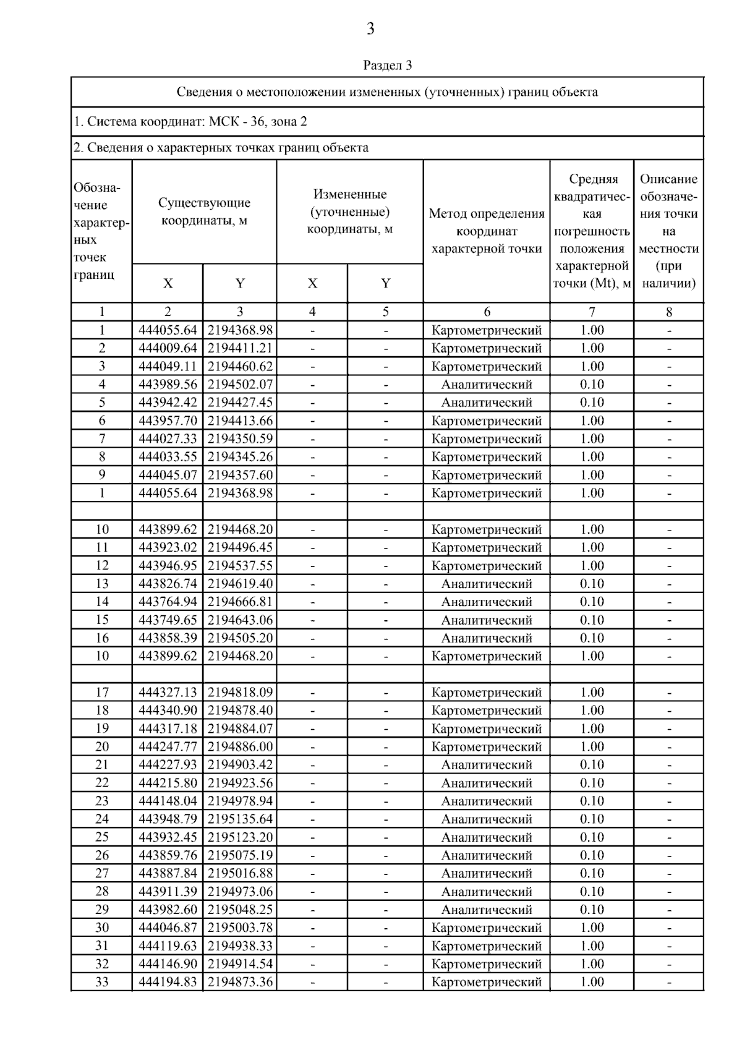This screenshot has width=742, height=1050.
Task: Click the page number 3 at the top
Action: (370, 29)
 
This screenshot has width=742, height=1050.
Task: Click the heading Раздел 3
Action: (387, 65)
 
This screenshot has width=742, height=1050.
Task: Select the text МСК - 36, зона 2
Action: (258, 122)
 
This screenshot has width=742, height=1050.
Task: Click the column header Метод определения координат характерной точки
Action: (487, 231)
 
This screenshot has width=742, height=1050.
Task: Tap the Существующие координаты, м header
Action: (204, 211)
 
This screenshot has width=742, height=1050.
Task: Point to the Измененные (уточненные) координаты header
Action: (350, 211)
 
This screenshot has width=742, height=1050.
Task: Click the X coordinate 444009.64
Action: (168, 348)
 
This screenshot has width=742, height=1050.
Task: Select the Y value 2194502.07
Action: (240, 385)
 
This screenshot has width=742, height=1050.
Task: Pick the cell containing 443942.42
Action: (168, 403)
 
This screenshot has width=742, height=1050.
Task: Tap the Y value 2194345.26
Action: (240, 457)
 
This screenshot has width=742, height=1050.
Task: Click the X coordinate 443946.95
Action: (168, 566)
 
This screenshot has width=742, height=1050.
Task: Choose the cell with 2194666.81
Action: (240, 602)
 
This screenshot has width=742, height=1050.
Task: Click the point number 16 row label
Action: (102, 638)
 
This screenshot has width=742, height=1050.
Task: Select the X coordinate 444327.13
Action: (168, 693)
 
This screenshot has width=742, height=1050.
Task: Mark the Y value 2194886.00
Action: (240, 746)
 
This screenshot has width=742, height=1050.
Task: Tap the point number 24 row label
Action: (102, 819)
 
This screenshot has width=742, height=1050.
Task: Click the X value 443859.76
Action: (168, 855)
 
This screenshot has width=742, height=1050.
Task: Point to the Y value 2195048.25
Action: (240, 910)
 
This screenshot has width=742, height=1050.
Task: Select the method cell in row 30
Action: (487, 928)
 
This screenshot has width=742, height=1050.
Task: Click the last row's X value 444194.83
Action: (168, 982)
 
